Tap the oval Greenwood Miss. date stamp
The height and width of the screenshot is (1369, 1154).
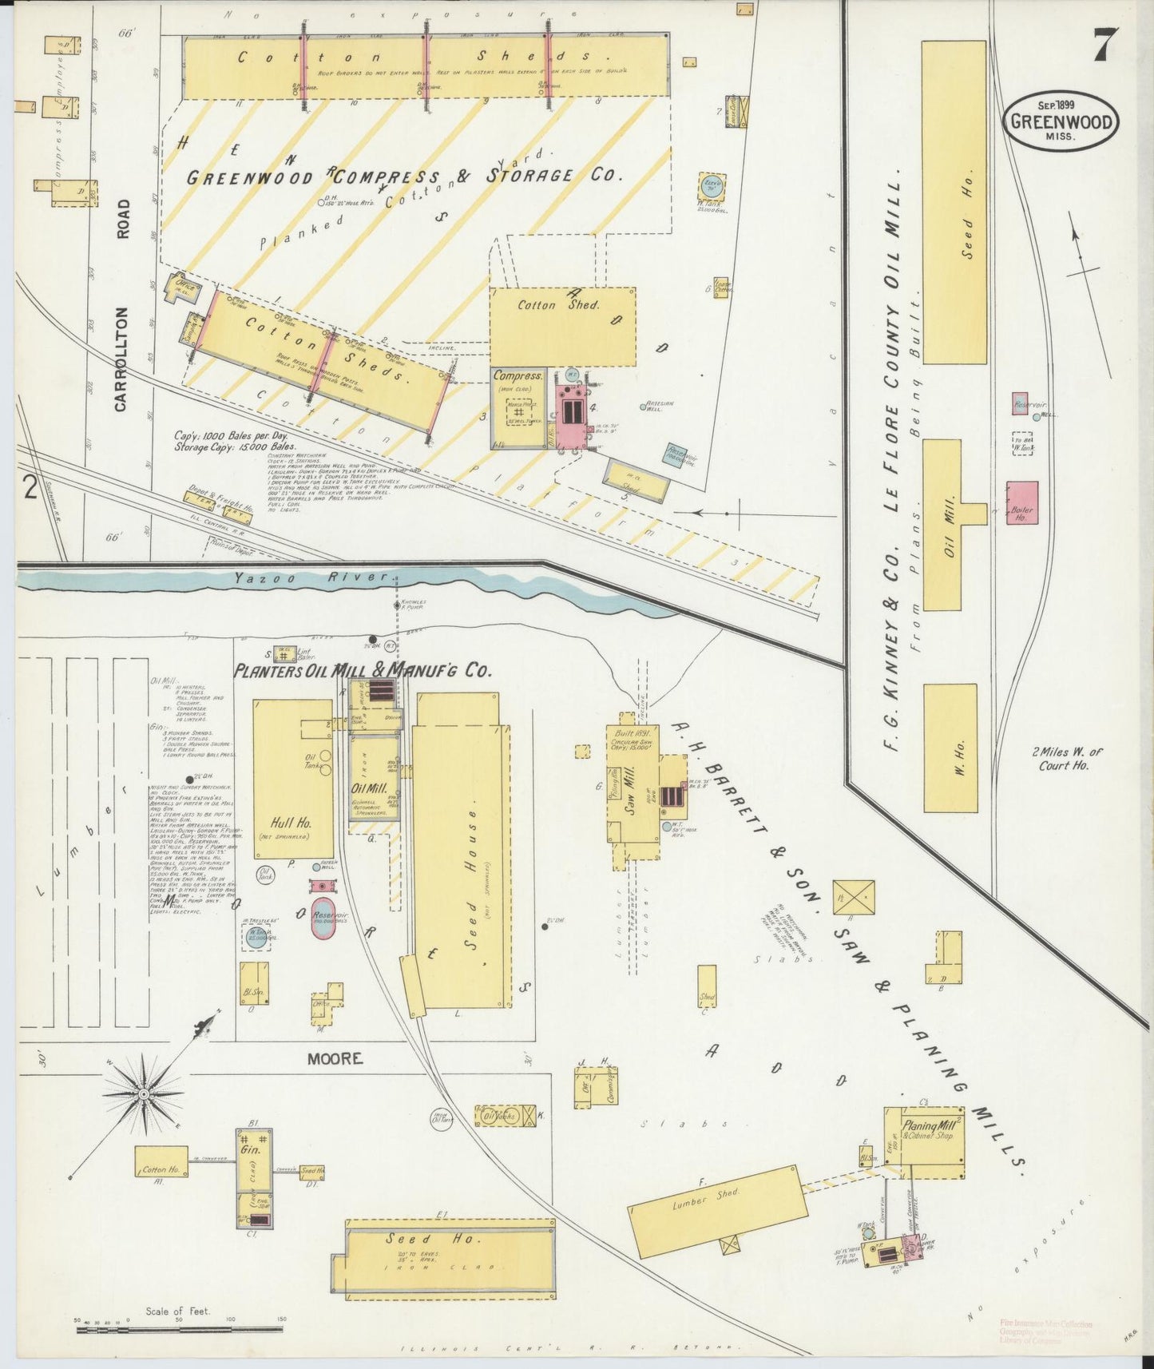coord(1061,121)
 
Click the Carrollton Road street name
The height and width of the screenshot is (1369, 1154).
coord(121,305)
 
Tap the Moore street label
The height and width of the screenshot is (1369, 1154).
coord(335,1058)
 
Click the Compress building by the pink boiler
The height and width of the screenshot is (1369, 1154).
coord(518,407)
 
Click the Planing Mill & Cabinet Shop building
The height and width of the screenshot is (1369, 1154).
coord(923,1142)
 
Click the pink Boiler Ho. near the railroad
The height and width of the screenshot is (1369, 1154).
coord(1022,503)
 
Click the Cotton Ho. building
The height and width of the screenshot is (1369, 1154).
coord(161,1169)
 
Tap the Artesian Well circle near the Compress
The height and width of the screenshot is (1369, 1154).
coord(644,407)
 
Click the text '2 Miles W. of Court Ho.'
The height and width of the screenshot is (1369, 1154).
coord(1064,758)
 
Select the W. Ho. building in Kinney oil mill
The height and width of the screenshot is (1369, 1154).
coord(950,748)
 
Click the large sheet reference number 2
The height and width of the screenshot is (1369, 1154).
coord(30,487)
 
